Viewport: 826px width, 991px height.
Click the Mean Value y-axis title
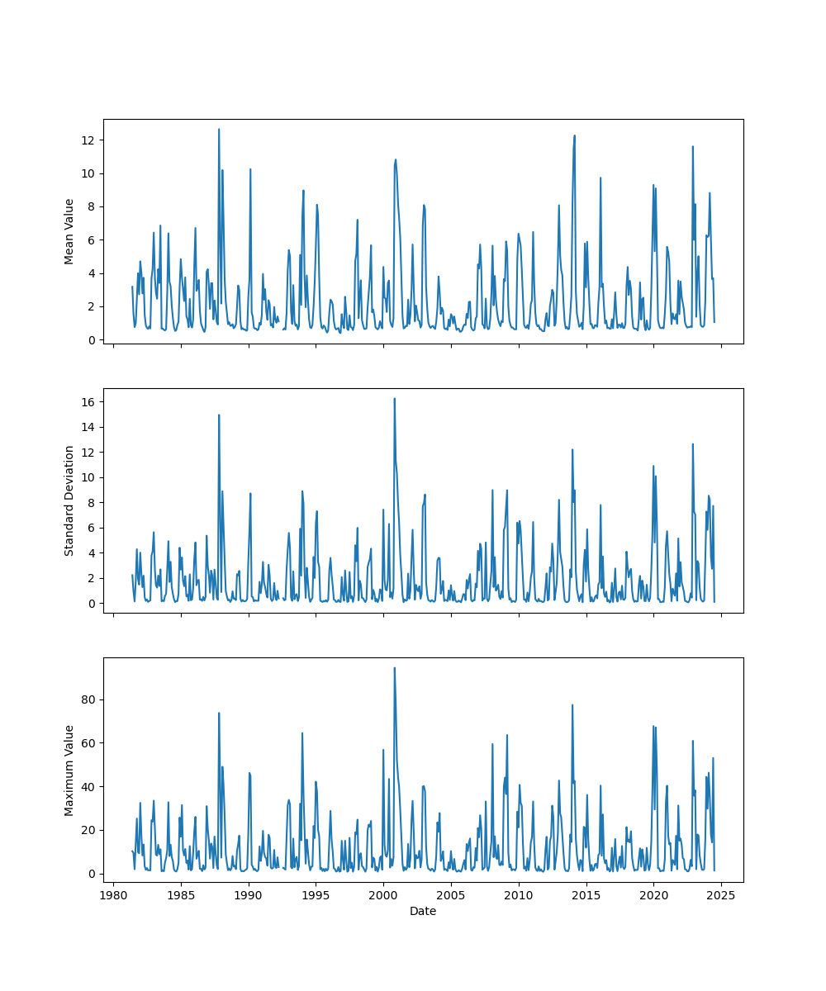69,231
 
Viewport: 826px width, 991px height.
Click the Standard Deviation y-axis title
69,500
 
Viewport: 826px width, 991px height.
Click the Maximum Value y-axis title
69,771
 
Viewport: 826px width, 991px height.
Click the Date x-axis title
423,912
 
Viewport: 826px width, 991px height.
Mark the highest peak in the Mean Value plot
219,129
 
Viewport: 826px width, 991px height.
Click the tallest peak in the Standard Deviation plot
394,398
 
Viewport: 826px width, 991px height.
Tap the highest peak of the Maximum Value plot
394,667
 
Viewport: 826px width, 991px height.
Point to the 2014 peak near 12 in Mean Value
574,135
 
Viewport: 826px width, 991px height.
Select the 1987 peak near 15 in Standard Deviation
219,415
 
